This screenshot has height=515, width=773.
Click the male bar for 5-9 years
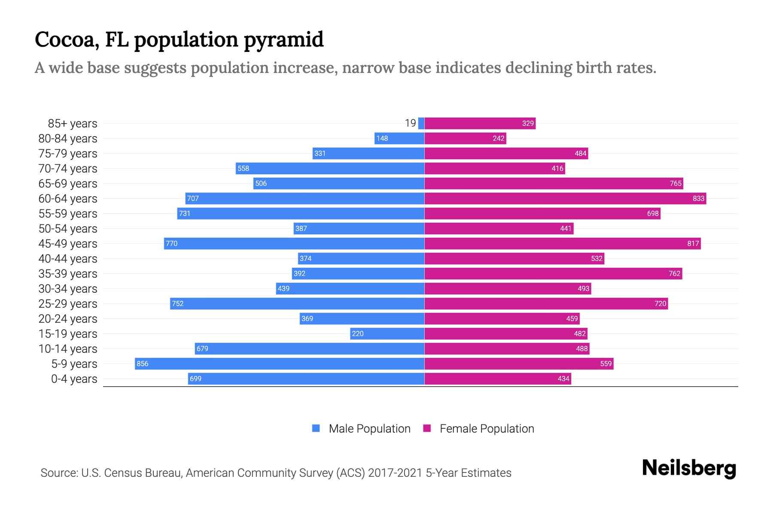tap(279, 364)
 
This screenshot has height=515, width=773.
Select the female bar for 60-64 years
tap(565, 198)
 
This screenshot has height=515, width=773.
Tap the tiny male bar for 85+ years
tap(421, 123)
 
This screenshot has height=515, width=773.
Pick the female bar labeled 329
tap(480, 123)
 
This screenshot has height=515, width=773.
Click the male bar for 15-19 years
tap(387, 333)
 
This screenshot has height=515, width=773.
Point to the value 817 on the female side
tap(693, 243)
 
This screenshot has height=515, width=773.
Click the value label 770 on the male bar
tap(171, 243)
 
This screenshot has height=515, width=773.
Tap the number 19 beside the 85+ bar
tap(410, 123)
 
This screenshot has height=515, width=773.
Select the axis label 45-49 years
tap(68, 243)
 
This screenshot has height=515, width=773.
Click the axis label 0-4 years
tap(74, 379)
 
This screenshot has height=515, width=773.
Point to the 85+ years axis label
tap(72, 123)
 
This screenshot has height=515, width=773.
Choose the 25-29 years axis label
tap(68, 303)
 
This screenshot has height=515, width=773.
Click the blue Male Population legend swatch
tap(316, 428)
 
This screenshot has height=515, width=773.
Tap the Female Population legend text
tap(487, 428)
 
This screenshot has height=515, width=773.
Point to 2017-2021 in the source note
tap(395, 473)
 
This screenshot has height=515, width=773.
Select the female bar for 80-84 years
tap(465, 138)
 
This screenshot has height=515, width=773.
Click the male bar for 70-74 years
tap(330, 168)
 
